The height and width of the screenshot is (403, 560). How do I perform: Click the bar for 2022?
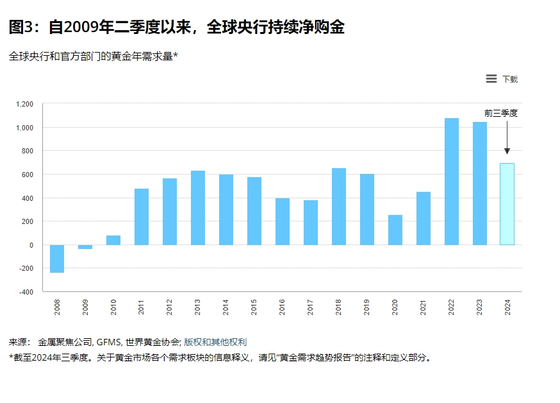pos(451,182)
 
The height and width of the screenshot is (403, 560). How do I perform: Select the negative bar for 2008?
pos(57,259)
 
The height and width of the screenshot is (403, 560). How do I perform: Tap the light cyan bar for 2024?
pos(507,204)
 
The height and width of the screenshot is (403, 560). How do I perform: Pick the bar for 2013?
pos(198,208)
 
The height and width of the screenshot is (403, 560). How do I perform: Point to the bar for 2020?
pos(395,230)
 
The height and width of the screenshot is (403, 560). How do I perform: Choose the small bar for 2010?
pos(113,240)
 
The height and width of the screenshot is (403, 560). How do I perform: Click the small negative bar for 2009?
pos(85,247)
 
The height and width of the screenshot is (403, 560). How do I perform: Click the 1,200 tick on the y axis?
pos(24,104)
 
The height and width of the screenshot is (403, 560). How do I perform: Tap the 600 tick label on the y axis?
pos(27,175)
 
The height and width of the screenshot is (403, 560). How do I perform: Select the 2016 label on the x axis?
pos(283,307)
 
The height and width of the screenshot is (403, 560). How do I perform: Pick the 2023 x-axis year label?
pos(480,307)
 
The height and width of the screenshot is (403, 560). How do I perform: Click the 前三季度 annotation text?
pos(500,113)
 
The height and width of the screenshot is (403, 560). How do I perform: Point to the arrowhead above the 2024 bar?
pos(507,151)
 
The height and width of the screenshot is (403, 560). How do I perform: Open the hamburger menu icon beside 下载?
pos(491,79)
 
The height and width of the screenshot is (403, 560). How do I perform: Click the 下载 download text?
pos(510,80)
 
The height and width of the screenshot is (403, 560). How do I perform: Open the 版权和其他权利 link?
pos(215,342)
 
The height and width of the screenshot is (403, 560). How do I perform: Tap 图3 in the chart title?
pos(24,28)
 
